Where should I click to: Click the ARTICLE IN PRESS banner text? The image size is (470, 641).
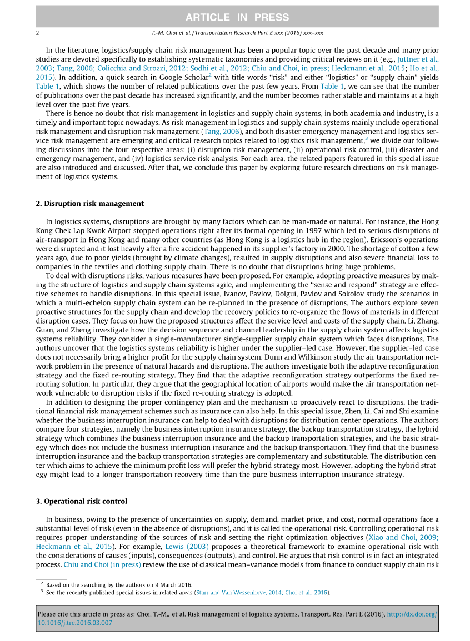237,17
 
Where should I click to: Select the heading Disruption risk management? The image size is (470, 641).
90,204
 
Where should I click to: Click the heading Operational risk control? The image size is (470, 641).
82,501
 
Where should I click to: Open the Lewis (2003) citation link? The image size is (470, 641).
186,546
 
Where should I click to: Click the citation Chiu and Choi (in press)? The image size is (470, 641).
102,565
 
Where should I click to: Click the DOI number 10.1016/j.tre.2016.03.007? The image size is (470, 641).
74,623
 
